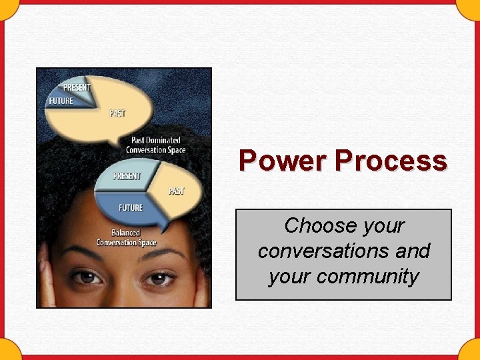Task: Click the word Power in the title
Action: click(x=284, y=161)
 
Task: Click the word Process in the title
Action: click(x=391, y=161)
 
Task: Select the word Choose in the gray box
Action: click(x=316, y=226)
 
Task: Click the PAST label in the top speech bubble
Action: click(x=117, y=113)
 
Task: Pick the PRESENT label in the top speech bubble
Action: click(x=77, y=87)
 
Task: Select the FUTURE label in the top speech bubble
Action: click(x=61, y=101)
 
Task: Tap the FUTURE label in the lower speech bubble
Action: click(x=131, y=208)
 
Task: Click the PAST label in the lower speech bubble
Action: click(x=176, y=191)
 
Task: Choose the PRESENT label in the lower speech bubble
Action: click(x=127, y=176)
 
